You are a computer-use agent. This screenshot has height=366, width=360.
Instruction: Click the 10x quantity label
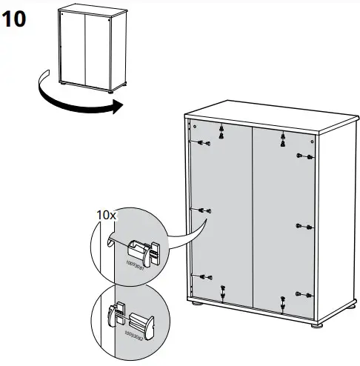[x=107, y=215]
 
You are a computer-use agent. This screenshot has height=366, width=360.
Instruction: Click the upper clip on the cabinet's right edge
[x=304, y=156]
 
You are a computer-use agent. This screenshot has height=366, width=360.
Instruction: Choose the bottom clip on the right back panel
[x=283, y=301]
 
